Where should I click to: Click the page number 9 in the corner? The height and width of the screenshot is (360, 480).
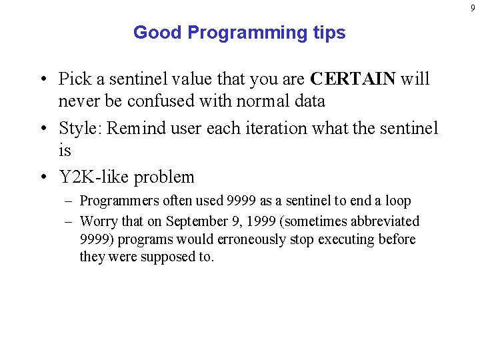tap(473, 8)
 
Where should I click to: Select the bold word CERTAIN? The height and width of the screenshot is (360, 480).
tap(353, 79)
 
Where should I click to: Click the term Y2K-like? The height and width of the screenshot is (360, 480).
tap(93, 177)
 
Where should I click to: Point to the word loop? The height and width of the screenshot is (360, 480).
tap(397, 201)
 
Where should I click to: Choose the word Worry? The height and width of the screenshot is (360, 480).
tap(98, 221)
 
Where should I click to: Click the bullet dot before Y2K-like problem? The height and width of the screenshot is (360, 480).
tap(43, 177)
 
